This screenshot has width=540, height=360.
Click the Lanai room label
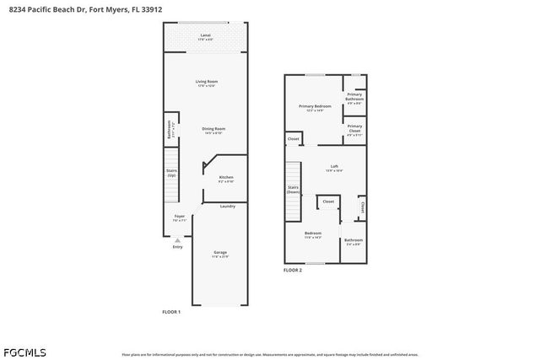tap(205, 36)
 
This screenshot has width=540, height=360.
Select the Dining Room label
tap(213, 130)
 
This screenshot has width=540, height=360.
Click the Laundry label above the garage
tap(227, 207)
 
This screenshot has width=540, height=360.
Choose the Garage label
tap(220, 253)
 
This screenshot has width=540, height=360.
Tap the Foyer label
tap(179, 218)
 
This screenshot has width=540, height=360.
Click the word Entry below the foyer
tap(177, 246)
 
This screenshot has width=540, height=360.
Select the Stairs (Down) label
tap(294, 190)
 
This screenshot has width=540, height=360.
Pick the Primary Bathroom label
tap(354, 97)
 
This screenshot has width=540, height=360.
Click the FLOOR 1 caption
tap(171, 312)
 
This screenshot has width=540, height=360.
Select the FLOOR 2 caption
tap(292, 270)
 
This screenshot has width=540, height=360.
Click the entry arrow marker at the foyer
tap(177, 239)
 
